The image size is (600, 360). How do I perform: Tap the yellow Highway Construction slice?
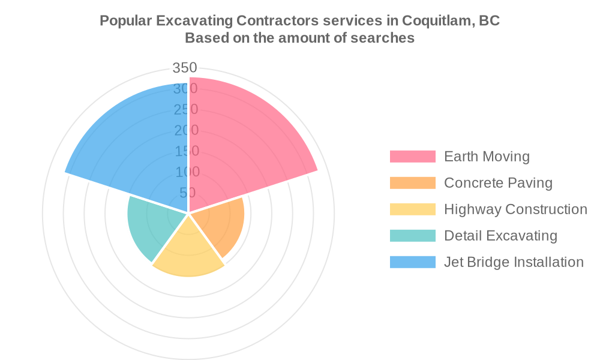[x=188, y=252]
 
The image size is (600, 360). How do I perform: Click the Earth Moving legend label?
[x=487, y=157]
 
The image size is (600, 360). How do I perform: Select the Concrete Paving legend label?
[x=498, y=183]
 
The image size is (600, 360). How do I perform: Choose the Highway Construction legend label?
[x=515, y=209]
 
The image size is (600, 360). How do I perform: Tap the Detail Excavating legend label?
[x=500, y=236]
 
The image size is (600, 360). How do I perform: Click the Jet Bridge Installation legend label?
[x=514, y=262]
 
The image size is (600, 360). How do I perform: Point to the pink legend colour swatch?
[x=412, y=157]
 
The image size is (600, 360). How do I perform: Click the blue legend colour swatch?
[x=412, y=262]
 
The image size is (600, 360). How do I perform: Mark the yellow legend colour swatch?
[x=412, y=209]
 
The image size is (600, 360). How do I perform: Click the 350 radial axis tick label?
[x=185, y=68]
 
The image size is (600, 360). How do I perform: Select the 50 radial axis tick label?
[x=187, y=193]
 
